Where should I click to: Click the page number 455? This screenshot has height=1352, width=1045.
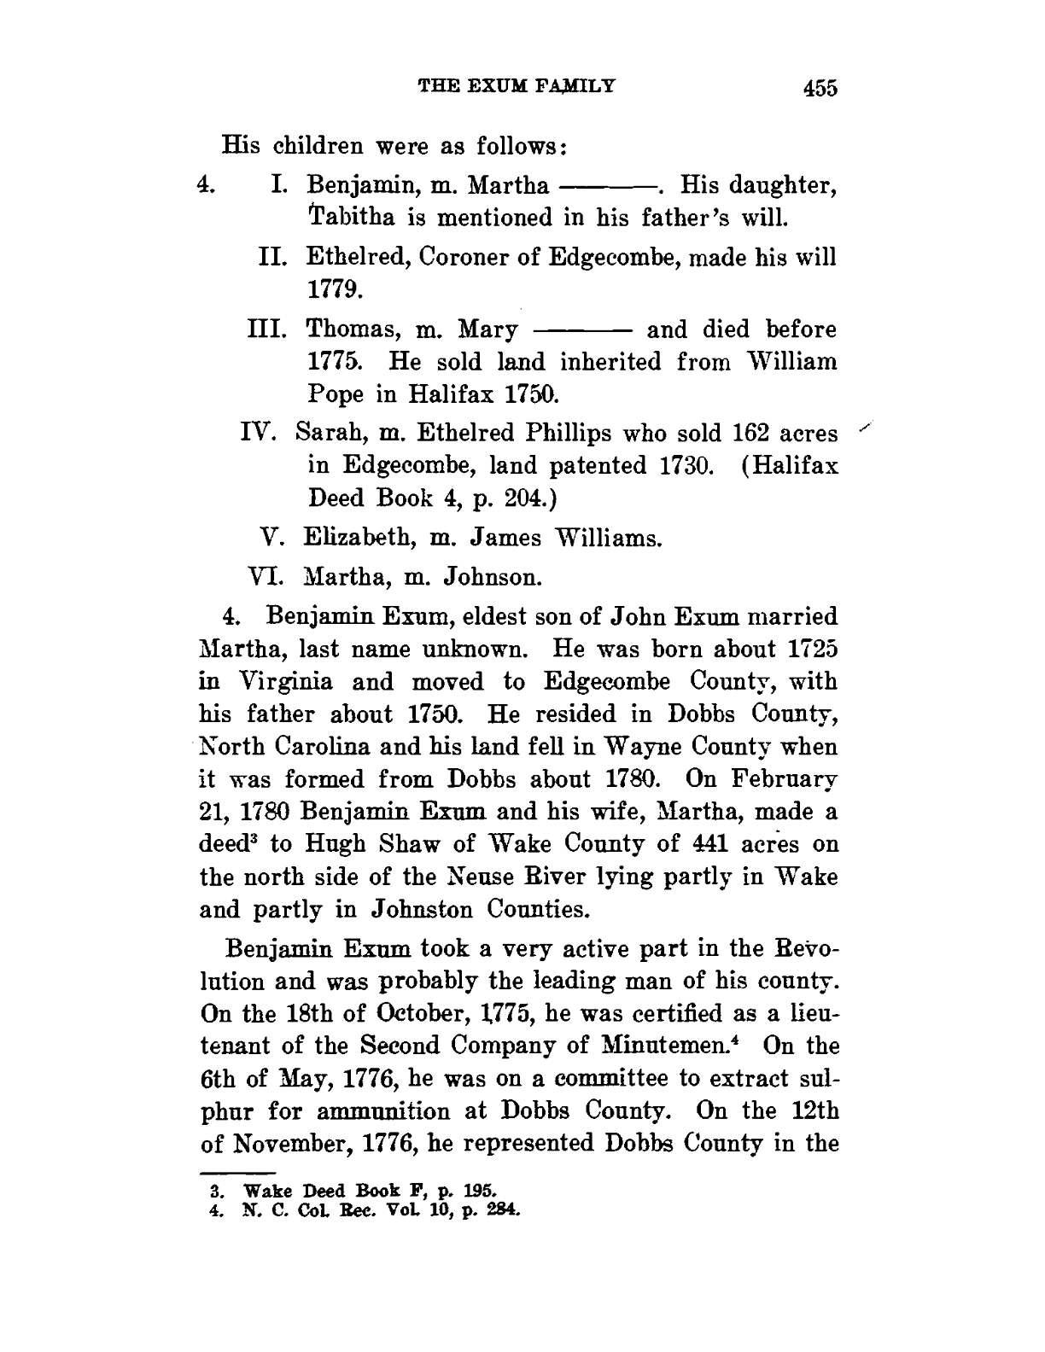(816, 87)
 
